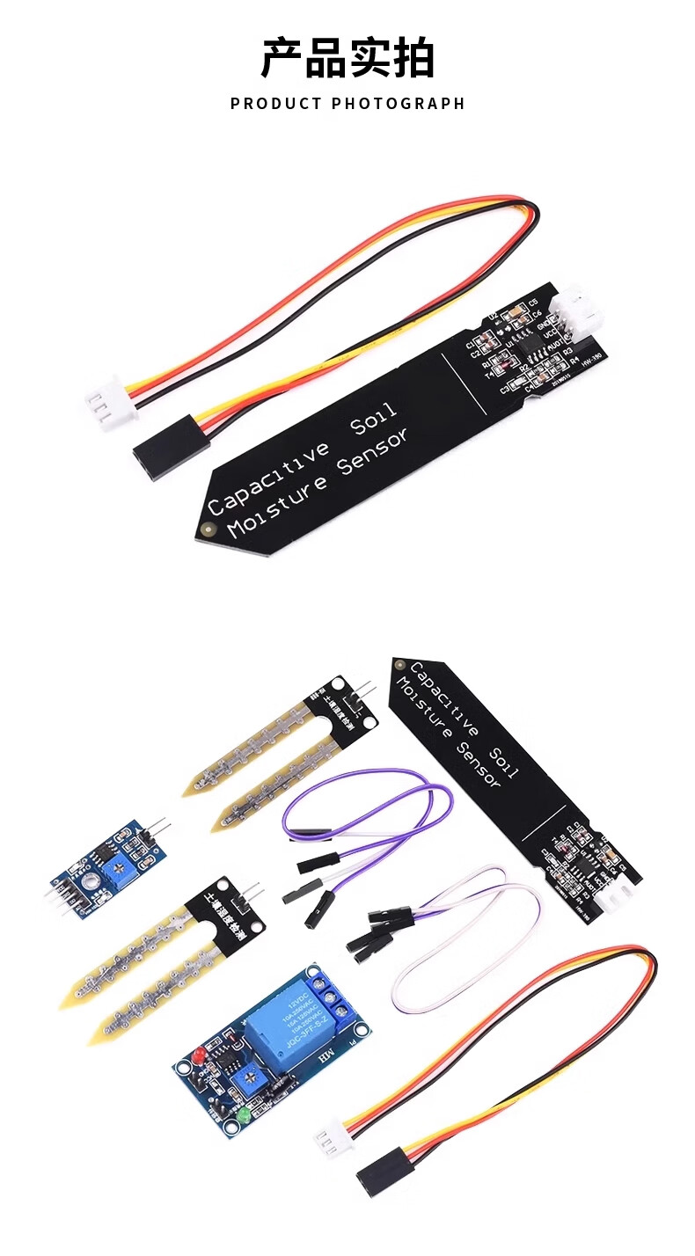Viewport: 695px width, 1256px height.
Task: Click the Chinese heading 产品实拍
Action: (x=347, y=59)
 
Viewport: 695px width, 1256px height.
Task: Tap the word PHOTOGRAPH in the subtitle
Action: (x=398, y=104)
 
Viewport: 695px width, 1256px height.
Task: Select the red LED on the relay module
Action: (x=198, y=1054)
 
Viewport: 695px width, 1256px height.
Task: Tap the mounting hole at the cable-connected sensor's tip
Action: (x=208, y=529)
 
